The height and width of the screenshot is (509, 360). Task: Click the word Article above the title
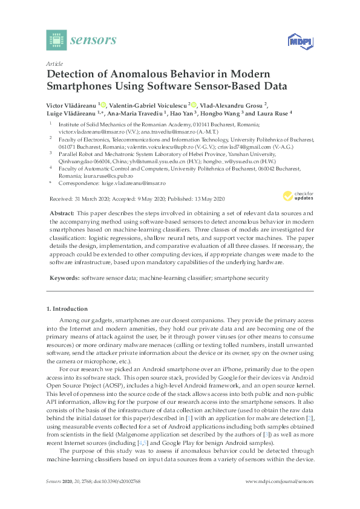pyautogui.click(x=54, y=63)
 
